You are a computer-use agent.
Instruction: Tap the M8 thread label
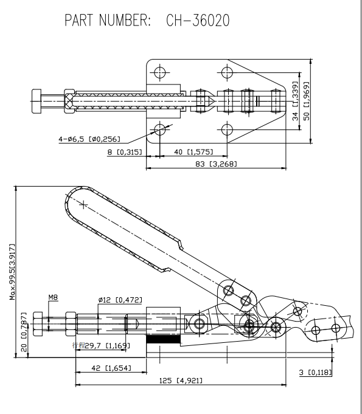pyautogui.click(x=53, y=298)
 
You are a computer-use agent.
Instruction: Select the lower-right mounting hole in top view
pyautogui.click(x=228, y=129)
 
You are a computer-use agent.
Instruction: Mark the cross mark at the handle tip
pyautogui.click(x=83, y=204)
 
